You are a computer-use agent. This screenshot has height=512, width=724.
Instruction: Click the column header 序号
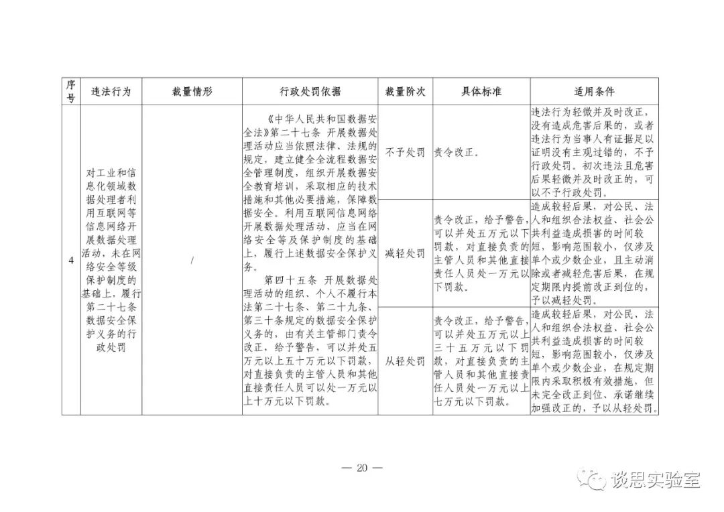71,91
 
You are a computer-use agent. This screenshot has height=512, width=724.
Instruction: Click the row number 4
71,261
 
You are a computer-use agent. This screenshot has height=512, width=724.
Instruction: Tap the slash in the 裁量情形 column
192,261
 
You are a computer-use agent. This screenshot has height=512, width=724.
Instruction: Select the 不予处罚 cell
405,152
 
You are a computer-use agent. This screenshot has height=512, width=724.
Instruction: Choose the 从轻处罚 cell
405,361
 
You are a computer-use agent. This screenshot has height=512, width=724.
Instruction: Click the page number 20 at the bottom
362,468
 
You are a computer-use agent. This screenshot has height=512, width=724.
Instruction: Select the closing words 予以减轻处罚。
560,300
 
